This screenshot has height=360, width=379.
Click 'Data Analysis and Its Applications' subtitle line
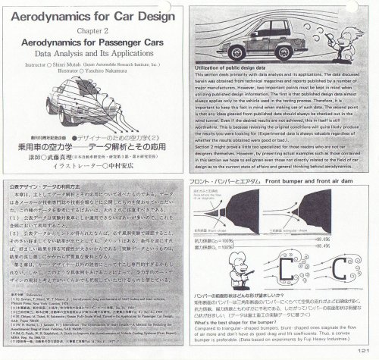pos(90,55)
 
